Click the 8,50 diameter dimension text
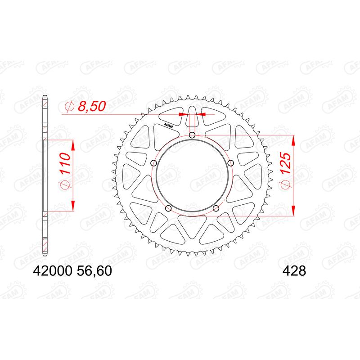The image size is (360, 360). [x=92, y=107]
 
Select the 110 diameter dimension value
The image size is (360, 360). [x=63, y=164]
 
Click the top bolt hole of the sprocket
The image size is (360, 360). [x=192, y=135]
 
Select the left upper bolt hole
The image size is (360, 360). [x=154, y=163]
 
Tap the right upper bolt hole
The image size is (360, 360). [x=230, y=163]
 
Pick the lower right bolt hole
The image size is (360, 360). [x=216, y=208]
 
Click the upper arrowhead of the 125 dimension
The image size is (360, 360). [x=293, y=139]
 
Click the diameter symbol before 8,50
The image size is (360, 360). [x=69, y=107]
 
